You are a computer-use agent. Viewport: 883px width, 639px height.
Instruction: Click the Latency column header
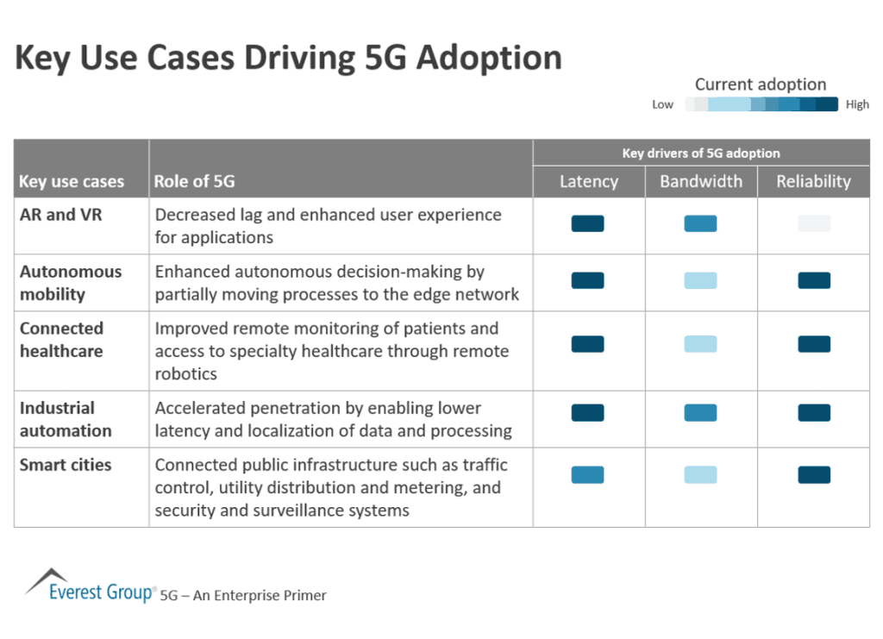click(588, 181)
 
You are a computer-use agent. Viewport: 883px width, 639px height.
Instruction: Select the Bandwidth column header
click(700, 181)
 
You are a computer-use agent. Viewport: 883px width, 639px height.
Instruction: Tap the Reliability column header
click(813, 181)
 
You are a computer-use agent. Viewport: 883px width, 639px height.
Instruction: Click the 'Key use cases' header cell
click(72, 182)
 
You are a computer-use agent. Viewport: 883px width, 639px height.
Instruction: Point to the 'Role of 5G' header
click(194, 182)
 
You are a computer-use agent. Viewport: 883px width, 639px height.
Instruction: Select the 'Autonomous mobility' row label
click(71, 283)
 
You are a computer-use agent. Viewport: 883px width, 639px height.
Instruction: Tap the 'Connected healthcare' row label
click(61, 340)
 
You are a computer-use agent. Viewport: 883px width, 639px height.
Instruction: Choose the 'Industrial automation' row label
click(66, 419)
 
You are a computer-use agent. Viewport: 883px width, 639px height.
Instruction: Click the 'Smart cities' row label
click(66, 465)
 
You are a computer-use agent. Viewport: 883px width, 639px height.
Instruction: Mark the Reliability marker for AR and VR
click(813, 224)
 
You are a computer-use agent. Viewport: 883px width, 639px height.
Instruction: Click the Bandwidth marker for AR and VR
click(700, 224)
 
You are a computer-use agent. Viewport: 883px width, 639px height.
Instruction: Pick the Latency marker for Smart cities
click(587, 475)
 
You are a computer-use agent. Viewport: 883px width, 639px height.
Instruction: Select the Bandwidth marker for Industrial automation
click(700, 413)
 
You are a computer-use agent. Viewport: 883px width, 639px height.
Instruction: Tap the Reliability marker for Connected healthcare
click(813, 344)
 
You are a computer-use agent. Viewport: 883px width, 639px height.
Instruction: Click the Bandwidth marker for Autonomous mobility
click(700, 280)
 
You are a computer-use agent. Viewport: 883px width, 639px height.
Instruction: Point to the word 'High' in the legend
click(857, 104)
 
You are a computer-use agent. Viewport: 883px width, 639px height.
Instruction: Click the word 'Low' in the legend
click(662, 104)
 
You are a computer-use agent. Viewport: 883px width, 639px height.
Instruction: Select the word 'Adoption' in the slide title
click(489, 58)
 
